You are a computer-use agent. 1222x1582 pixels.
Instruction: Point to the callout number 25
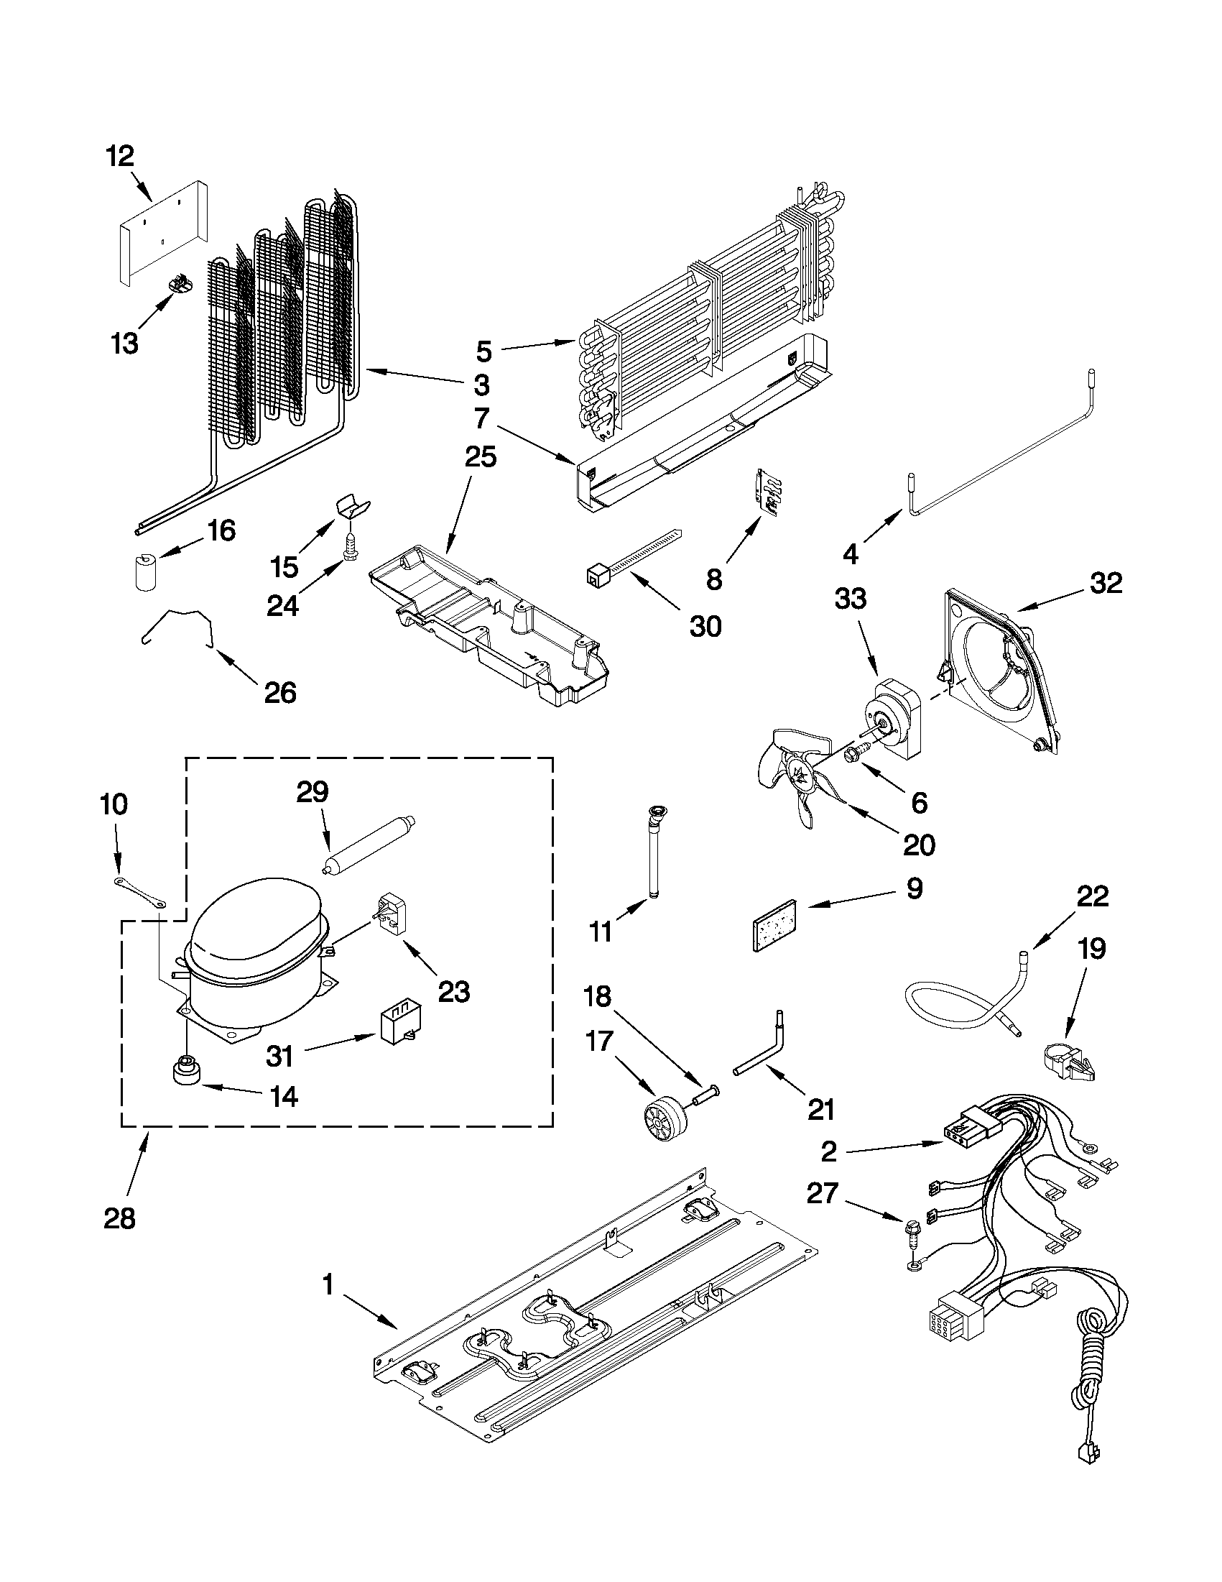pyautogui.click(x=480, y=457)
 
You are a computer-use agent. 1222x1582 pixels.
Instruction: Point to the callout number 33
pyautogui.click(x=851, y=599)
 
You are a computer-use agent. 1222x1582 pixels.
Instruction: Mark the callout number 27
pyautogui.click(x=823, y=1193)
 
